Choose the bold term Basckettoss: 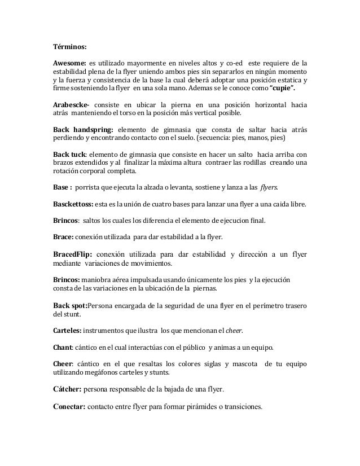pyautogui.click(x=74, y=203)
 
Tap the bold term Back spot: pyautogui.click(x=71, y=305)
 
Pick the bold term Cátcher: pyautogui.click(x=67, y=389)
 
